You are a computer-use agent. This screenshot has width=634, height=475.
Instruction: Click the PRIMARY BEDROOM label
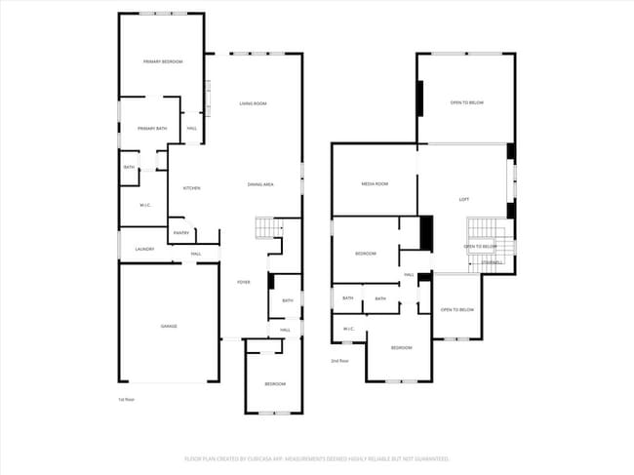164,61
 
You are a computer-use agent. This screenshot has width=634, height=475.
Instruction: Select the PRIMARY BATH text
152,128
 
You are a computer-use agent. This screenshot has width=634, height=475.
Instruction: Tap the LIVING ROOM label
253,103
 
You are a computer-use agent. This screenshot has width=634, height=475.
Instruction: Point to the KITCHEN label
191,188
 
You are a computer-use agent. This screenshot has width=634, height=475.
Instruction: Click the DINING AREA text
259,184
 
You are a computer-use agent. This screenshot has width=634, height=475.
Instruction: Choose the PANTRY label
181,232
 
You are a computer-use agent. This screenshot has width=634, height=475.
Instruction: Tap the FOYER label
243,282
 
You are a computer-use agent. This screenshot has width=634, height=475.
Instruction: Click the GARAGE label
168,326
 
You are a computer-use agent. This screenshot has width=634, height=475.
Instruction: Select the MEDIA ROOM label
375,183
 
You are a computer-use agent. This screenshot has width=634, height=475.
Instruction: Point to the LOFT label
464,199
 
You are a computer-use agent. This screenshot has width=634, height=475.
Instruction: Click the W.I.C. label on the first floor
144,205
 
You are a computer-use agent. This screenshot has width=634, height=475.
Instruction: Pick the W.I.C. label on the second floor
348,329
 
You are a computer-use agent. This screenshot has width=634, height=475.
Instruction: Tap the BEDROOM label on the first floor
275,383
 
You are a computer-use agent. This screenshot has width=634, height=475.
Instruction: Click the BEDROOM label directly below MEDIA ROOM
366,254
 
